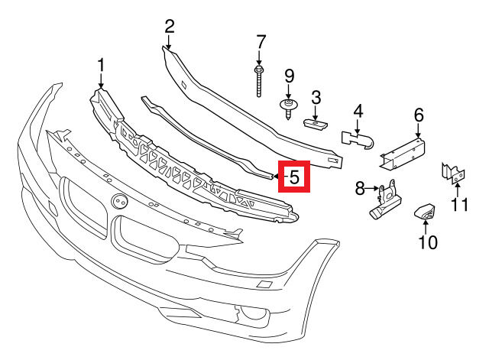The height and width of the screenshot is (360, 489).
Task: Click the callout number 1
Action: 100,66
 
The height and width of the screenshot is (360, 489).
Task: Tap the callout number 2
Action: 170,27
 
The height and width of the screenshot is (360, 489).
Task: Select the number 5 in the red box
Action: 294,177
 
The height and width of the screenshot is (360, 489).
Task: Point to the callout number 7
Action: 261,42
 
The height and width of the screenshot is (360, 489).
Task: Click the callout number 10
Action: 428,242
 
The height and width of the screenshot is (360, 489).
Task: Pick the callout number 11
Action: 460,205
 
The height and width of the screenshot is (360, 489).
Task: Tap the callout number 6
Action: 419,115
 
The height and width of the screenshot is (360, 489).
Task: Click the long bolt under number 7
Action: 259,81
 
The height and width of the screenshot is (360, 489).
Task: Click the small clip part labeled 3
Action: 315,123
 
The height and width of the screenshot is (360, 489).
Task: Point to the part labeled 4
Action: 358,140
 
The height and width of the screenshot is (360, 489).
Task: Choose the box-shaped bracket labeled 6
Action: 403,153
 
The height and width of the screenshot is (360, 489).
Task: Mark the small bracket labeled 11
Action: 453,174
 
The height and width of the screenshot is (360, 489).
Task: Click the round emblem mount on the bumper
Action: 120,201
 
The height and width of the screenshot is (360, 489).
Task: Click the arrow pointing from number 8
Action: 372,188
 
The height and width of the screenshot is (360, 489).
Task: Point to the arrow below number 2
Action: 168,42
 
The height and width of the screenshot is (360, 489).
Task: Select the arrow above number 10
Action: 425,226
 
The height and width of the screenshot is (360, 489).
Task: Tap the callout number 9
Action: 289,76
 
